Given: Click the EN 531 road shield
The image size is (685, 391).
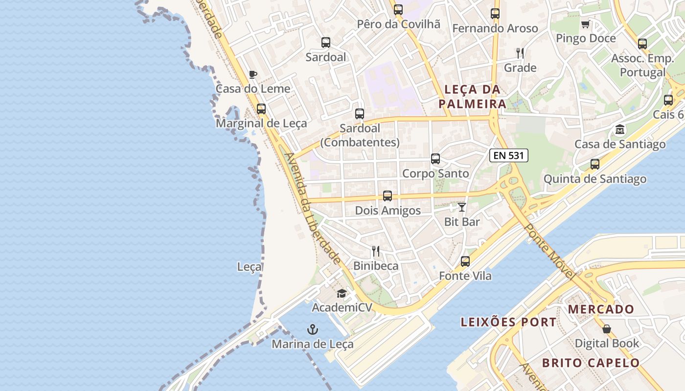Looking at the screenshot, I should click(x=509, y=156).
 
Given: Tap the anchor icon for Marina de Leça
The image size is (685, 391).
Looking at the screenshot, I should click(x=313, y=329).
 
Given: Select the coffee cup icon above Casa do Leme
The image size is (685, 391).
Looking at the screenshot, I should click(x=252, y=74).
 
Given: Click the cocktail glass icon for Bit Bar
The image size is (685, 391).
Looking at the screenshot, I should click(x=462, y=207).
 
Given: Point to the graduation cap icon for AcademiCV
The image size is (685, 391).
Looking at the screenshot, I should click(x=342, y=293).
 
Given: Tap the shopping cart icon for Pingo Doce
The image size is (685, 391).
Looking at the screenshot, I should click(x=586, y=24).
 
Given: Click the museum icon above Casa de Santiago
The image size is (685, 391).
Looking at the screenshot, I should click(x=620, y=130).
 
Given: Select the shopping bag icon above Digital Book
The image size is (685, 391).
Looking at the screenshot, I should click(x=607, y=329).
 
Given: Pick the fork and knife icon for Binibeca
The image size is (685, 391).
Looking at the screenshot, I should click(x=376, y=251).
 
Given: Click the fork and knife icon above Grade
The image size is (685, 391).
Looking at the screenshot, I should click(x=520, y=53).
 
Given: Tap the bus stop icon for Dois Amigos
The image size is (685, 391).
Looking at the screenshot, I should click(x=388, y=196).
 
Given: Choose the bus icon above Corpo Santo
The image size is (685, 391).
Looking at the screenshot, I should click(x=435, y=159).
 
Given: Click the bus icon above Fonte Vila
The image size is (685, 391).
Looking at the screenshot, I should click(x=465, y=261).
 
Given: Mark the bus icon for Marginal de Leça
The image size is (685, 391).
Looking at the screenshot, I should click(x=261, y=109).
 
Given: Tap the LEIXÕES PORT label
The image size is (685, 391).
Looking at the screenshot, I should click(x=509, y=322).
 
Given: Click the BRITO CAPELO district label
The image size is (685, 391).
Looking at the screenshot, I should click(x=591, y=363).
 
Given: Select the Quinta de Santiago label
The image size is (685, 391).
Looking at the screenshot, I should click(x=594, y=179).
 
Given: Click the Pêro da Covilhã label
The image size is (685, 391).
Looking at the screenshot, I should click(x=398, y=24).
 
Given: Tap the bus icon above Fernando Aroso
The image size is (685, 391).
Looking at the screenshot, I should click(x=495, y=14).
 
